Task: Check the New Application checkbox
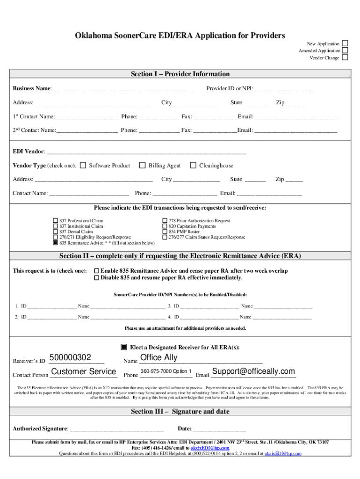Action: [x=345, y=44]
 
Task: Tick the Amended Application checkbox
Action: [x=345, y=51]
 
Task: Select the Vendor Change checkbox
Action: [x=345, y=58]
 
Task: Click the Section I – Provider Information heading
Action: [x=180, y=74]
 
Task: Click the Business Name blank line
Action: [x=122, y=88]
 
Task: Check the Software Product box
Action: [x=83, y=165]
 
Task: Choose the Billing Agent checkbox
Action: [x=142, y=165]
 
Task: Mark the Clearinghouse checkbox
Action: [x=193, y=165]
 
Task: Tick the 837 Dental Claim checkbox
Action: [x=55, y=232]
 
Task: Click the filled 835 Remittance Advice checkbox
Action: [x=55, y=243]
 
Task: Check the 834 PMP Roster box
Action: [x=165, y=232]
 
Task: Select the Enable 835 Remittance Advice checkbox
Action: [x=97, y=271]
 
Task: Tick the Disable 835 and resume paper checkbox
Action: [x=97, y=278]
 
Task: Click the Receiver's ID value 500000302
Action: [x=70, y=358]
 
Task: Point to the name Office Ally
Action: [x=159, y=358]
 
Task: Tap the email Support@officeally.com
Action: [x=253, y=371]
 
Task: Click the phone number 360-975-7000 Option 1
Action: [x=166, y=371]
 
